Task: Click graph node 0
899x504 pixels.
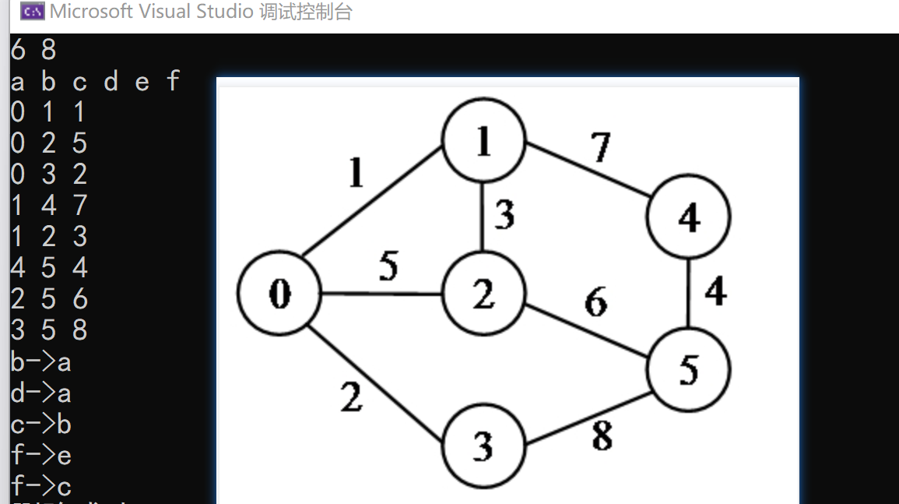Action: [279, 294]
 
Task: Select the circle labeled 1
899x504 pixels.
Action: [483, 141]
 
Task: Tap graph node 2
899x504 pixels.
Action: [483, 294]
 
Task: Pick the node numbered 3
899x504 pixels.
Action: [483, 446]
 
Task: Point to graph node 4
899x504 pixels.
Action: [689, 218]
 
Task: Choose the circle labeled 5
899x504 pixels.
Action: [689, 370]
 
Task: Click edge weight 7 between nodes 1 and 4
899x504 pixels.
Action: [600, 147]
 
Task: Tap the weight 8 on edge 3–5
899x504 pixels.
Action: [602, 436]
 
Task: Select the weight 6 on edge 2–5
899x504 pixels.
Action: [596, 301]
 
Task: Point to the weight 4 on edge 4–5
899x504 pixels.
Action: [715, 291]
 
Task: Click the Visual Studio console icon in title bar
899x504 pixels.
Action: [32, 12]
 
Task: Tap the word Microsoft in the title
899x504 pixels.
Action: [90, 12]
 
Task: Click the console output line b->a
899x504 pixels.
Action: [41, 362]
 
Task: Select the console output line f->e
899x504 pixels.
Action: [41, 455]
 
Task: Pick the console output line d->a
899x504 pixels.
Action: [41, 393]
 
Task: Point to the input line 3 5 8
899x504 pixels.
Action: [48, 330]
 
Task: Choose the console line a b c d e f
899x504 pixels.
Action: [95, 81]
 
